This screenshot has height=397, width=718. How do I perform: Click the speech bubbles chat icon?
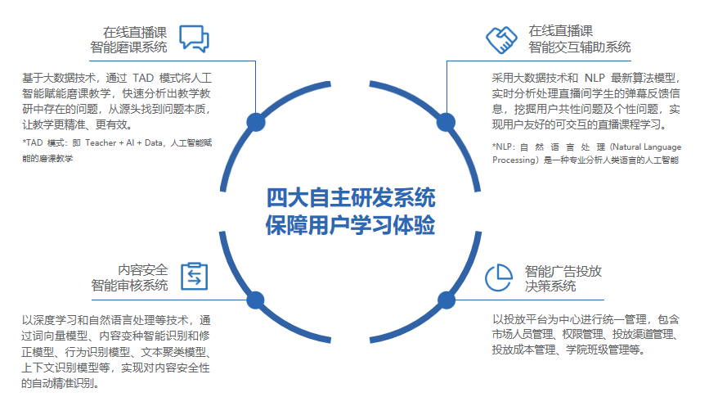click(194, 38)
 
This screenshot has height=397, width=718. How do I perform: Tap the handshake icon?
click(501, 40)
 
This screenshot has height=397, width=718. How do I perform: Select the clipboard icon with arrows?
click(194, 277)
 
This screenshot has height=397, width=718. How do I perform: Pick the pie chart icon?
click(499, 277)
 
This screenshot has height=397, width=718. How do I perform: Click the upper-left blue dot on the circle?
click(255, 122)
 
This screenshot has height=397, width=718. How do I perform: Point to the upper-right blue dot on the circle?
click(446, 122)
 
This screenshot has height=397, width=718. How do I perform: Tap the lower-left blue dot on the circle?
click(255, 300)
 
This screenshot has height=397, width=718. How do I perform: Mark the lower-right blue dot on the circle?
click(446, 300)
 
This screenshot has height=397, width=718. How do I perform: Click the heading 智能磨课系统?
click(128, 47)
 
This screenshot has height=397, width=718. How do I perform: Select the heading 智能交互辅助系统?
click(580, 47)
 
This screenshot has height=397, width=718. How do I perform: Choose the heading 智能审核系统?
click(129, 285)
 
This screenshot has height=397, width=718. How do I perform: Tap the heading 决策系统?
click(550, 286)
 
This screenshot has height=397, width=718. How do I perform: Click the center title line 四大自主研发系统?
click(351, 197)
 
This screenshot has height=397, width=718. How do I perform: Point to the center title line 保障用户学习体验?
click(351, 225)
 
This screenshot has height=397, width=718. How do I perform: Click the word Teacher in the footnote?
click(101, 142)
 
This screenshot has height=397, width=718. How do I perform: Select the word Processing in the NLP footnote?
click(514, 160)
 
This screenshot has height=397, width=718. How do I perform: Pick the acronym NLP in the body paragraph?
click(595, 78)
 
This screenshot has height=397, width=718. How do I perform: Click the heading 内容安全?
click(143, 269)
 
